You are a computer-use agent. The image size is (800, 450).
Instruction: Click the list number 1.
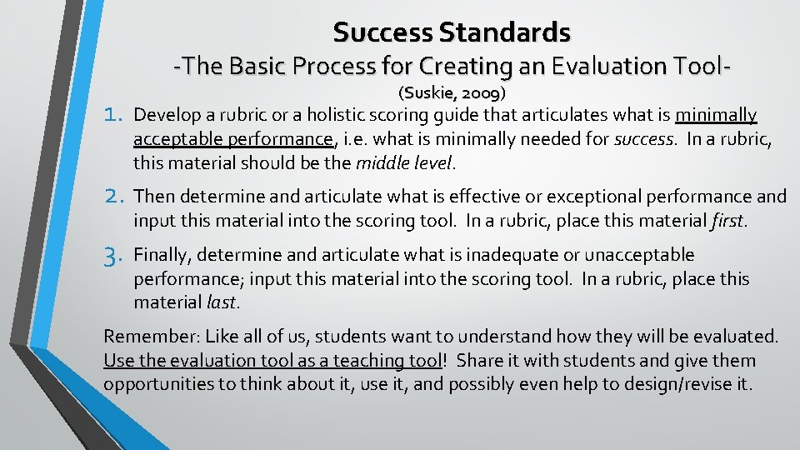coord(114,114)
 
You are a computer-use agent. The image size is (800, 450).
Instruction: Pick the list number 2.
coord(115,197)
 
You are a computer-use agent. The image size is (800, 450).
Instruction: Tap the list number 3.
coord(115,255)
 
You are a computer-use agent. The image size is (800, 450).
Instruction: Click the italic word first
coord(730,221)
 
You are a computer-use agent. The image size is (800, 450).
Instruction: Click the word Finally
coord(162,254)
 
